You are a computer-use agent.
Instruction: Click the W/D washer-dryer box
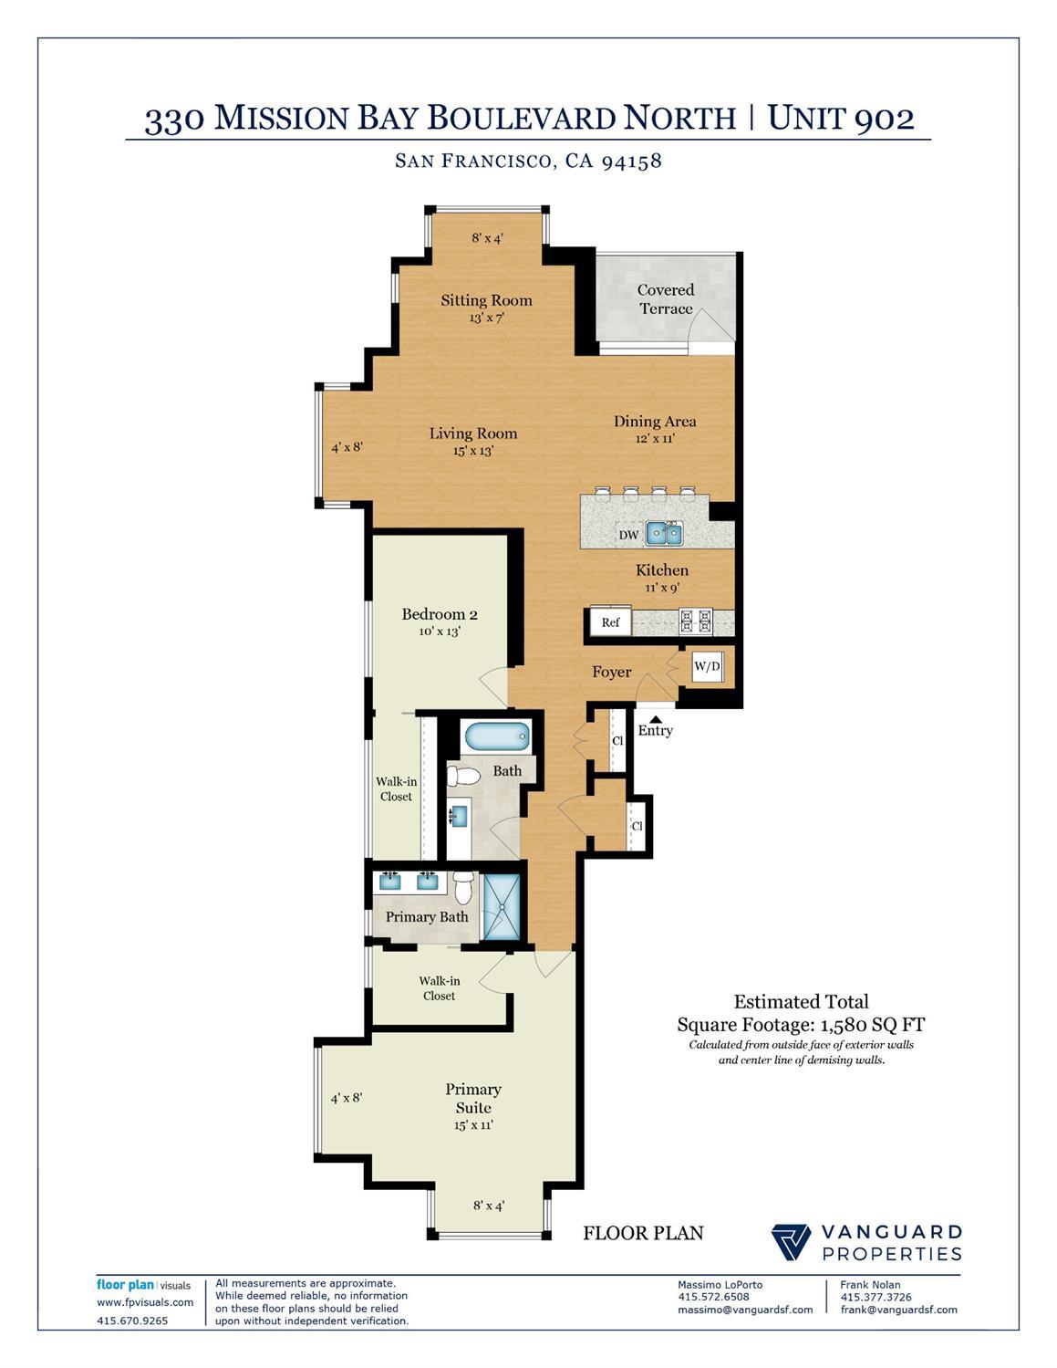pos(707,666)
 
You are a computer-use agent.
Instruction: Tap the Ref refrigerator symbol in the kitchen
pos(610,622)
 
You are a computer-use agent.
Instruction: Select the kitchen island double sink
pos(663,533)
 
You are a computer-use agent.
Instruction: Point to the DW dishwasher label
pos(629,535)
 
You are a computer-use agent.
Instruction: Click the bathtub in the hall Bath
pos(497,736)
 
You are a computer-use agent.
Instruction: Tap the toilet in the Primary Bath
pos(464,886)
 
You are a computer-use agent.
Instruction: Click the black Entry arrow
pos(655,718)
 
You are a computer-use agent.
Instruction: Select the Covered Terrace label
pos(666,299)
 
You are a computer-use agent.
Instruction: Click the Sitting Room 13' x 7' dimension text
pos(487,319)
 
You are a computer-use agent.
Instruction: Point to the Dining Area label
pos(655,422)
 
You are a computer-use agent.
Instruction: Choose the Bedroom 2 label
pos(440,614)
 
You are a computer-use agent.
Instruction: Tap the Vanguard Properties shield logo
pos(792,1242)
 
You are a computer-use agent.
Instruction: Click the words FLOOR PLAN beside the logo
pos(643,1234)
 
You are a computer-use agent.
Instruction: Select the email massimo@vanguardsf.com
pos(745,1310)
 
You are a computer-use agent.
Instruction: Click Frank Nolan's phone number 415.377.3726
pos(876,1297)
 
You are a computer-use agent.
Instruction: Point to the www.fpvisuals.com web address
pos(145,1302)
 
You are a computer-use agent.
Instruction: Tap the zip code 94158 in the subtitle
pos(631,162)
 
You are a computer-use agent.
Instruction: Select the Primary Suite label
pos(473,1098)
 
